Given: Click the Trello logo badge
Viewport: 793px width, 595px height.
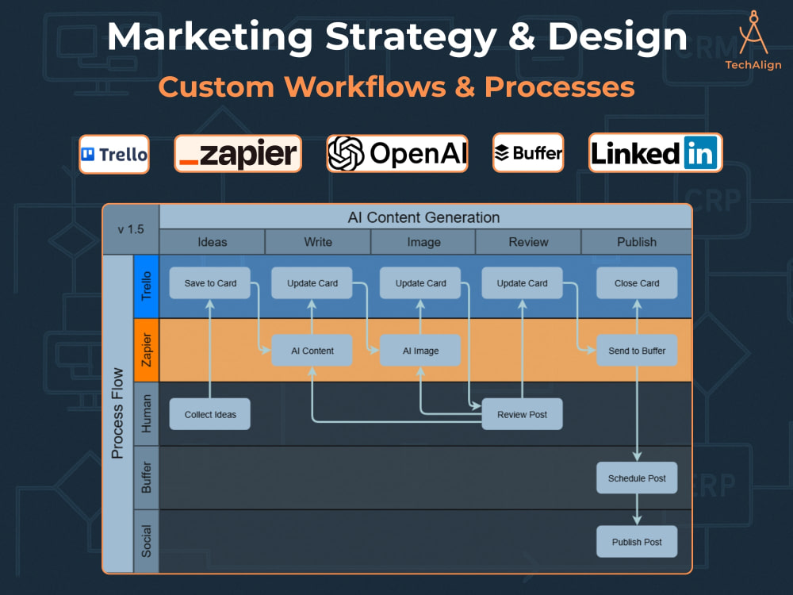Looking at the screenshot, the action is coord(114,155).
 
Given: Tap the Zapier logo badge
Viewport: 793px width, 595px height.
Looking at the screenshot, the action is coord(238,153).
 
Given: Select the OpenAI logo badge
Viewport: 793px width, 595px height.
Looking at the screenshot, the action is coord(397,153).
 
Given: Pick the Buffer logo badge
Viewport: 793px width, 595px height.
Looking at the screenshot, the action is coord(528,153).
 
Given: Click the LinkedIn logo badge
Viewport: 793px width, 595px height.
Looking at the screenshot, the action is coord(656,153).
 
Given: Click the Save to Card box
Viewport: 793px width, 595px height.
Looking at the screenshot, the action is coord(210,283).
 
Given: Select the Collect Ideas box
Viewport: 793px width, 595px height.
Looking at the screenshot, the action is coord(210,414).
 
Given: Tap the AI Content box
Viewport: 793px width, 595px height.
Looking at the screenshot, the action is coord(312,350).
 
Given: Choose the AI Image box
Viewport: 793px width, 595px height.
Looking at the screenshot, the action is coord(420,350).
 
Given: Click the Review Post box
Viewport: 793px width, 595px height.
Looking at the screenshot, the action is coord(522,414).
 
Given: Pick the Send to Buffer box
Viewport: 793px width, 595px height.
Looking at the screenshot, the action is coord(637,350).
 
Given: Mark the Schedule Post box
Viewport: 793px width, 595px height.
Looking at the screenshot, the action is coord(637,478).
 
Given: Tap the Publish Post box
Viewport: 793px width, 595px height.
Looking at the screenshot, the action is coord(637,541).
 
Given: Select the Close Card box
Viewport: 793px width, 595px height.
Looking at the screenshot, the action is coord(637,283).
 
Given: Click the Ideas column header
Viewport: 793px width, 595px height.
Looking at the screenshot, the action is coord(212,242).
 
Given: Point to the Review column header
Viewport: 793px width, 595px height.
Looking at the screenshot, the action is coord(528,242).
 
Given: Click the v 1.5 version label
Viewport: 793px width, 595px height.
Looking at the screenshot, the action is coord(131,229).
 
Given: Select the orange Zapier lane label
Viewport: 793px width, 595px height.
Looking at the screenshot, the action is coord(146,350).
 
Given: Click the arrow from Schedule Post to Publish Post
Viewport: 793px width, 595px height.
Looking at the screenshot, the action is coord(637,509).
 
